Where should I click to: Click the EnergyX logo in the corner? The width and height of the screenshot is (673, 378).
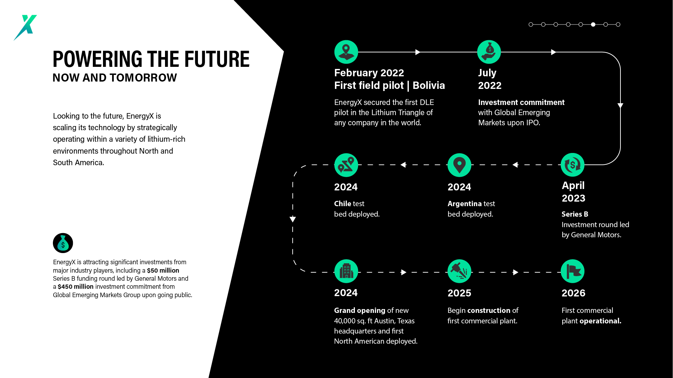coord(25,27)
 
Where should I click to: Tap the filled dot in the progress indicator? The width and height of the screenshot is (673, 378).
coord(593,24)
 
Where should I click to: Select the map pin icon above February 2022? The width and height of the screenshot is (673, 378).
coord(346,52)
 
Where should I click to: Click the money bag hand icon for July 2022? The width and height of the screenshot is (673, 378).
coord(489,52)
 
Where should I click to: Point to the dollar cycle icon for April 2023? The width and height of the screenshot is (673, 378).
coord(572,165)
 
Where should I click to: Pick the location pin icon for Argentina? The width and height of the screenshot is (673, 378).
coord(459,165)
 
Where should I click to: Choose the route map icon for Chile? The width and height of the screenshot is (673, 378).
coord(346,165)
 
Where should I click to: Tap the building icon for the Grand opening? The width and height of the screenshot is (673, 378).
coord(346,271)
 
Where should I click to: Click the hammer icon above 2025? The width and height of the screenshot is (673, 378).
coord(459,271)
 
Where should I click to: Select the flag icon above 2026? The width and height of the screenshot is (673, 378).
coord(572,271)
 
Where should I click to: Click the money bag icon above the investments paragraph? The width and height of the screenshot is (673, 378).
coord(63,243)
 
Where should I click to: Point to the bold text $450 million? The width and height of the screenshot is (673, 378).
coord(76,287)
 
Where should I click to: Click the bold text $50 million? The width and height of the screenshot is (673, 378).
coord(163,271)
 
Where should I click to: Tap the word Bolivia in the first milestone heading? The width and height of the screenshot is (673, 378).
coord(429,85)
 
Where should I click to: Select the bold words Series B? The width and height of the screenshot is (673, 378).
coord(575,214)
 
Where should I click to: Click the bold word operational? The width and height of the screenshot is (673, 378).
coord(600,321)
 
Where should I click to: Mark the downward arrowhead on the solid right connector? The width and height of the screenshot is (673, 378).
coord(620,106)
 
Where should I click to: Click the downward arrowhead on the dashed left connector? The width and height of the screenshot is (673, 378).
coord(293,219)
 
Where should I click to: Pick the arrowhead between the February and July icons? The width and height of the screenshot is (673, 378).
coord(418,52)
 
